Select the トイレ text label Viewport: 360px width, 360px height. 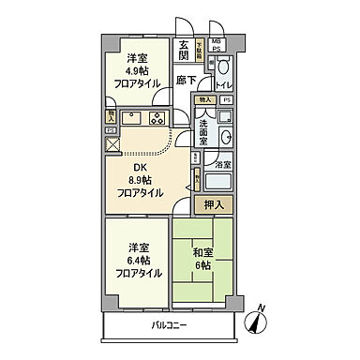pos(225,85)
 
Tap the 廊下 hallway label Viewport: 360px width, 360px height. pos(185,81)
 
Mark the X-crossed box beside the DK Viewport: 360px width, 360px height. pos(112,144)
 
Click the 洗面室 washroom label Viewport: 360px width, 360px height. pos(204,132)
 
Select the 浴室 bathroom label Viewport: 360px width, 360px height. pos(223,165)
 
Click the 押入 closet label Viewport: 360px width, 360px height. pos(213,204)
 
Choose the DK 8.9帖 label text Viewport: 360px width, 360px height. pos(137,171)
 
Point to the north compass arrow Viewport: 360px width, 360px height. pos(253,320)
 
